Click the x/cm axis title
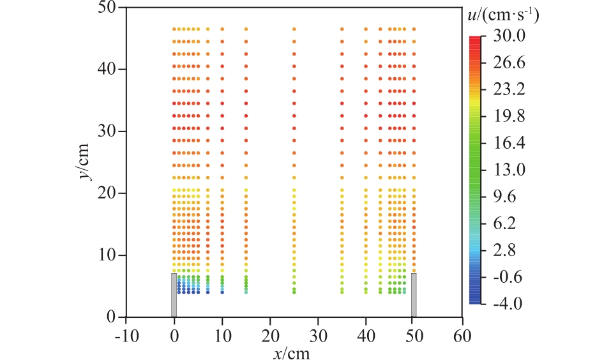click(x=293, y=350)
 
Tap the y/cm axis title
click(x=86, y=162)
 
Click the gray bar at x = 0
click(x=174, y=295)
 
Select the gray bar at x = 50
click(x=414, y=295)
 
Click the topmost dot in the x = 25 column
click(x=294, y=29)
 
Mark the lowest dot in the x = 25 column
click(x=294, y=292)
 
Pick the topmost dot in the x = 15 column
click(x=246, y=29)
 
